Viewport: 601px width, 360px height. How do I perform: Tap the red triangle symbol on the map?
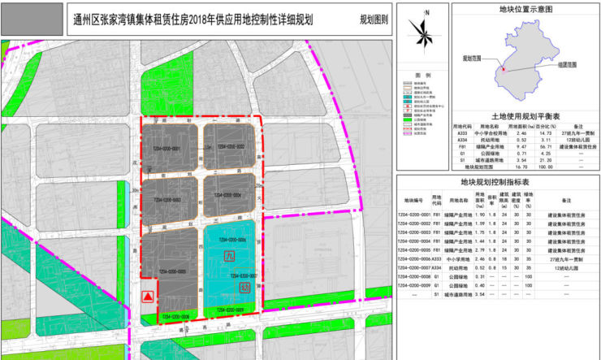[x=147, y=297]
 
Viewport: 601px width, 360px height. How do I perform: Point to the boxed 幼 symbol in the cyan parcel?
[x=242, y=286]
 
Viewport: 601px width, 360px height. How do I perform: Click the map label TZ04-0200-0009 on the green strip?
[x=229, y=309]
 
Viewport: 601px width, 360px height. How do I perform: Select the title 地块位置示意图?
[x=497, y=10]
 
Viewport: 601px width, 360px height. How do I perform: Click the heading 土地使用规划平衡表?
[x=497, y=116]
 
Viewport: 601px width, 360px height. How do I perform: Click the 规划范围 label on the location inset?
[x=472, y=59]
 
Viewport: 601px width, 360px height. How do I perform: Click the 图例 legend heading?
[x=422, y=75]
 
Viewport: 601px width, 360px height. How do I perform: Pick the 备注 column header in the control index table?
[x=561, y=199]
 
